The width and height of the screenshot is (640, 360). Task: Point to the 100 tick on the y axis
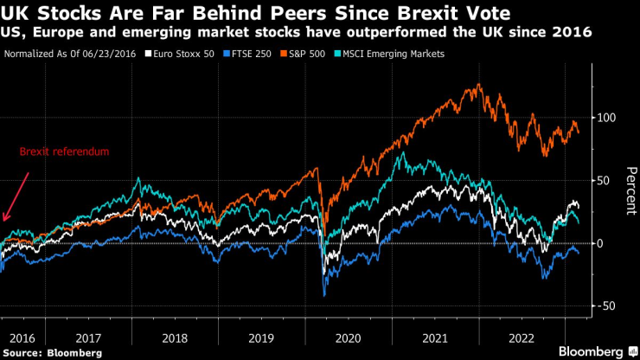click(607, 117)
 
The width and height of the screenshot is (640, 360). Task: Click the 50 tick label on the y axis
click(605, 180)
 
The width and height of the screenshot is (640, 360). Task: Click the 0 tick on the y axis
click(601, 243)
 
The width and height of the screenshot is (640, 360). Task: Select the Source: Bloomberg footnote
click(51, 352)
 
